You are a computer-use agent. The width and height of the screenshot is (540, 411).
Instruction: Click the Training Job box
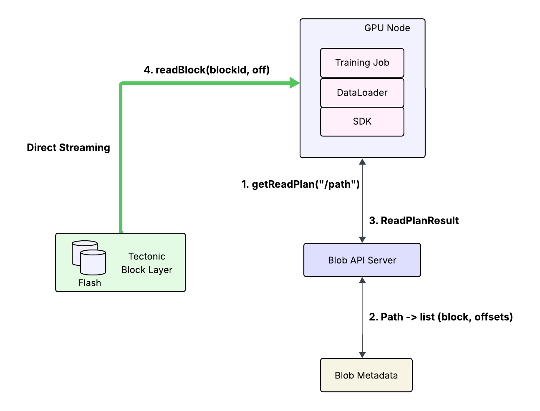362,63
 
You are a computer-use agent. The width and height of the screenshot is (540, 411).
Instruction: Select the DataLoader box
362,93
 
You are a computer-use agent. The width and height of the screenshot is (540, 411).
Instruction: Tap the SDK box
362,121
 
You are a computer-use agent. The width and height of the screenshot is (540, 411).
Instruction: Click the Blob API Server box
362,260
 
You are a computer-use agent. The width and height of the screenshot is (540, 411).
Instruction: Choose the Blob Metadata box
366,375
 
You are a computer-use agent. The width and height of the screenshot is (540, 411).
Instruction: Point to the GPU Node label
387,28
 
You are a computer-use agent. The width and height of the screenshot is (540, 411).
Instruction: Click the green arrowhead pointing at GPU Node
295,83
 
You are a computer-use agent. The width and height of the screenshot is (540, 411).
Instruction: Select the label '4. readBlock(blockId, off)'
207,70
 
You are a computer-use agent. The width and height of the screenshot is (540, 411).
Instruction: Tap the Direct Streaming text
68,148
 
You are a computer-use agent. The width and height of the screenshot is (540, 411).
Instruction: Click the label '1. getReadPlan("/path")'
300,184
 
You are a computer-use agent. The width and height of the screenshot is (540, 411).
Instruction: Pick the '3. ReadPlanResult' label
414,220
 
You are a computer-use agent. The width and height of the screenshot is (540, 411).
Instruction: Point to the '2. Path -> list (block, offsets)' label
441,317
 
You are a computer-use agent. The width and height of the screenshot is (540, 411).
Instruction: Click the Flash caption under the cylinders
90,283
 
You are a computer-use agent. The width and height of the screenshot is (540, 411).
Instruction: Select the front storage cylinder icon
93,262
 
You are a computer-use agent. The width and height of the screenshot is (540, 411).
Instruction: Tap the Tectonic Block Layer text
147,263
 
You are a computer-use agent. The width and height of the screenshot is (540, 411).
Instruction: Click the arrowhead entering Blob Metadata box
362,355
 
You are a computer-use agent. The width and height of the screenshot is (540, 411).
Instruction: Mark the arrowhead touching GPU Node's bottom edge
362,161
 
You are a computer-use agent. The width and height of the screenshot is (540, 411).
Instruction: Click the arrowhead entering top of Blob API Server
362,240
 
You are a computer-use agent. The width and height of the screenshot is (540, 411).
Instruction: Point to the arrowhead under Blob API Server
362,280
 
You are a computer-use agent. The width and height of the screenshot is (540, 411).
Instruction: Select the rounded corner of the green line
121,83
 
